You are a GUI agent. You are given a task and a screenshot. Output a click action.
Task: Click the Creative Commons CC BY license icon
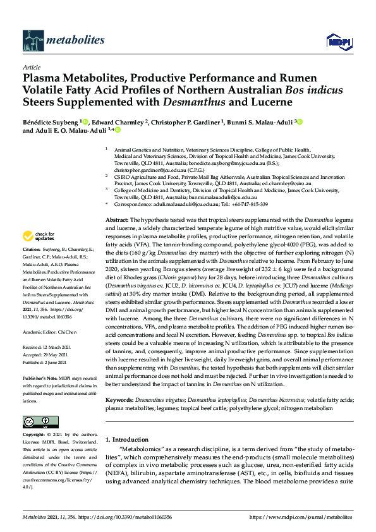(x=40, y=421)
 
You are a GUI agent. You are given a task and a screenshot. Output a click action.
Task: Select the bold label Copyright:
(x=33, y=435)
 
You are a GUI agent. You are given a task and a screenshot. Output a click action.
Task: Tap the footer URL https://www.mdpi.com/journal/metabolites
(x=302, y=516)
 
